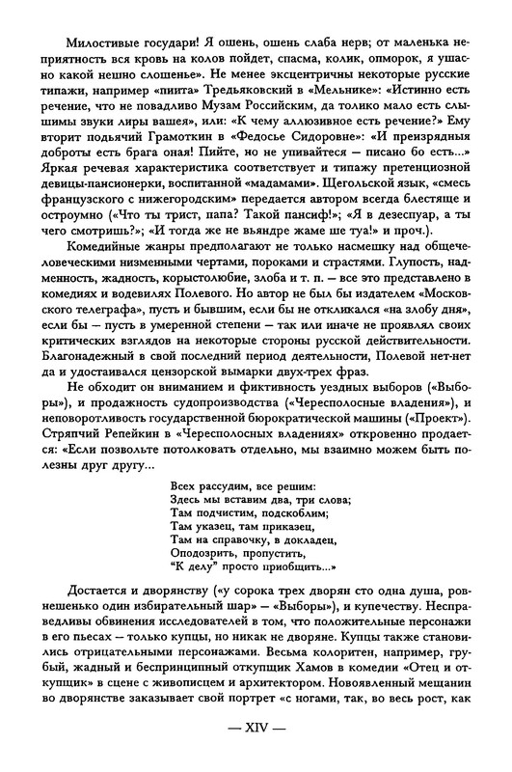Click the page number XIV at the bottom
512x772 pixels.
(256, 749)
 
